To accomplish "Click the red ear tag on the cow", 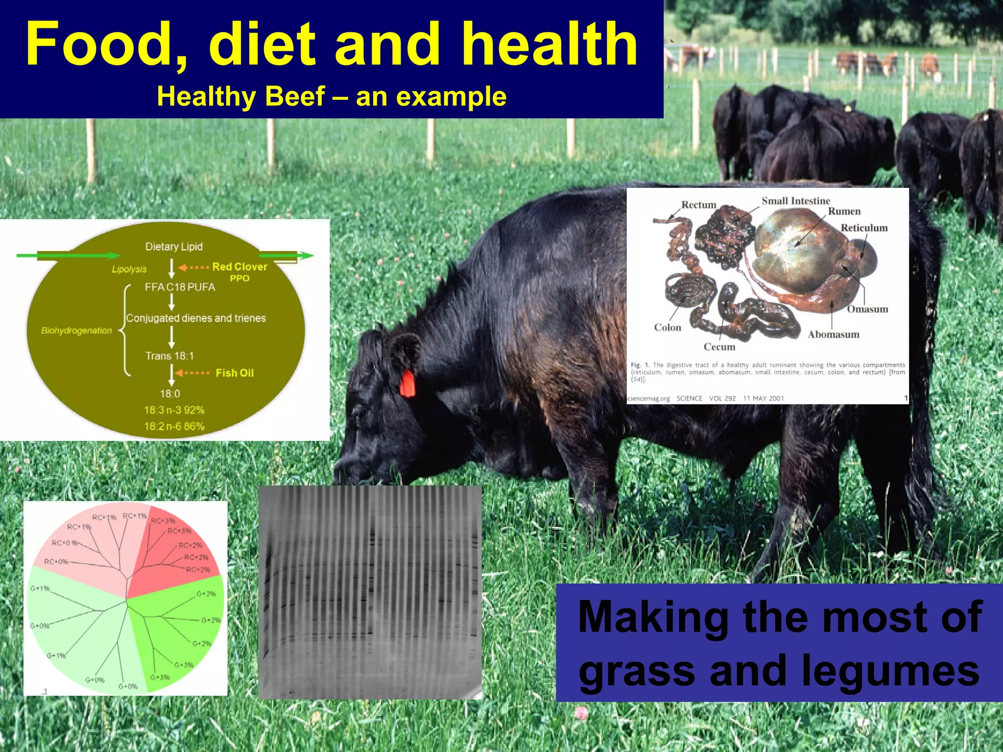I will pyautogui.click(x=407, y=383).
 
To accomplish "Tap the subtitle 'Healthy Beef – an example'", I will pyautogui.click(x=332, y=96).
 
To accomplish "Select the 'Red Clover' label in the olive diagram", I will pyautogui.click(x=239, y=267).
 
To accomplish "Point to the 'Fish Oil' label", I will pyautogui.click(x=235, y=373).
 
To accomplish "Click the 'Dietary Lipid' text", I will pyautogui.click(x=174, y=247).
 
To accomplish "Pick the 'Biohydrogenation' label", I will pyautogui.click(x=76, y=331).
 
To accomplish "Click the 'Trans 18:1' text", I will pyautogui.click(x=169, y=356).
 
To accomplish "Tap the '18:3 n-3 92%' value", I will pyautogui.click(x=174, y=410).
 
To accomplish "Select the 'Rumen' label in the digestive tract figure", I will pyautogui.click(x=844, y=211).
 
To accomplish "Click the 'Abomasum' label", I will pyautogui.click(x=833, y=334).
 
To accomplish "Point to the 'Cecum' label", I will pyautogui.click(x=719, y=347).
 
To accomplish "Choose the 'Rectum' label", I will pyautogui.click(x=698, y=205).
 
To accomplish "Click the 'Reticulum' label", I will pyautogui.click(x=864, y=228).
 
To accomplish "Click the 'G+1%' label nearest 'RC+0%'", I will pyautogui.click(x=40, y=588).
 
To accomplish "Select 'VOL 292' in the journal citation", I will pyautogui.click(x=722, y=399).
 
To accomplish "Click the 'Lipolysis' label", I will pyautogui.click(x=129, y=269).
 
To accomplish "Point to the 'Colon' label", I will pyautogui.click(x=667, y=328).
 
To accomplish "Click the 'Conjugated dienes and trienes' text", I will pyautogui.click(x=196, y=318).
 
